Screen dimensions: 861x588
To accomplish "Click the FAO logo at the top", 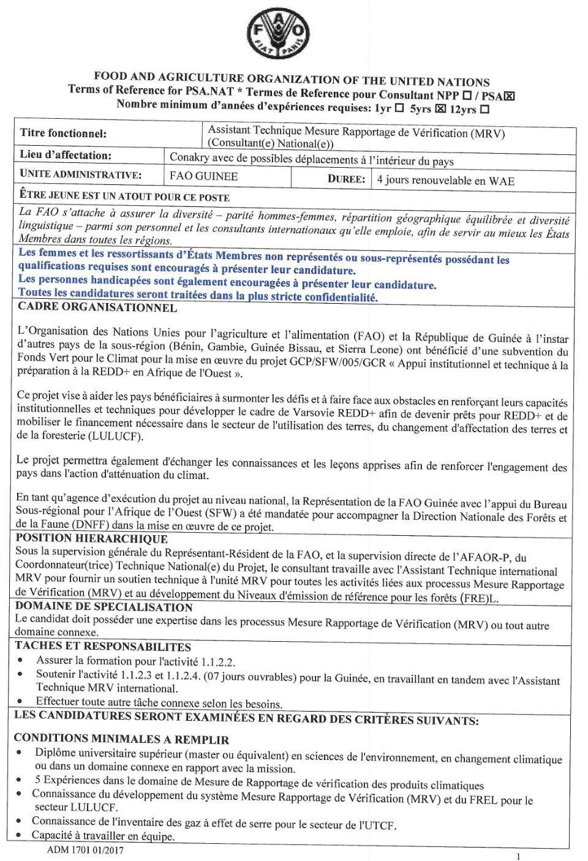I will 278,34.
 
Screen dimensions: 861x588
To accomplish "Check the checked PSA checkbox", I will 510,96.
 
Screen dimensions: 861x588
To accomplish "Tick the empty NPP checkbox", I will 467,96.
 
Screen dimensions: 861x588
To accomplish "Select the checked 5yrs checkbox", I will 440,109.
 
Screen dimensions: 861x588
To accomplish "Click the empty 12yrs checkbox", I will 484,110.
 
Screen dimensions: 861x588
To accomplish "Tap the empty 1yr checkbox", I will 399,108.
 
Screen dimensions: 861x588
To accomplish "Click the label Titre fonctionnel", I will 63,133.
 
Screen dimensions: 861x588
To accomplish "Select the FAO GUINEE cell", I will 204,176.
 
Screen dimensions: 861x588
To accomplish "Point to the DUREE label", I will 346,179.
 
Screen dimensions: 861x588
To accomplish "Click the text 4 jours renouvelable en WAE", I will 445,181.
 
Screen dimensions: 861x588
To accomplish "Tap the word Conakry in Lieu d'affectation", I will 189,157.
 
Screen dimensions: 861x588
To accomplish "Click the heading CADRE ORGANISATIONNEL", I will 97,307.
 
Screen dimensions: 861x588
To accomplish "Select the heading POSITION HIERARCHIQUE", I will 92,539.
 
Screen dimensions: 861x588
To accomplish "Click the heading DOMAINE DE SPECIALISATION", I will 104,607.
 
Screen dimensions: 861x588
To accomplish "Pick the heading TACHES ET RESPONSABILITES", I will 103,646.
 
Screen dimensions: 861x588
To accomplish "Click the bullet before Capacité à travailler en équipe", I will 20,835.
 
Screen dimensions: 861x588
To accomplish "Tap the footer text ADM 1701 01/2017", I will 85,850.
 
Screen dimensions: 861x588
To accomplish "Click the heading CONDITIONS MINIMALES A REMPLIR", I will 121,739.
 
